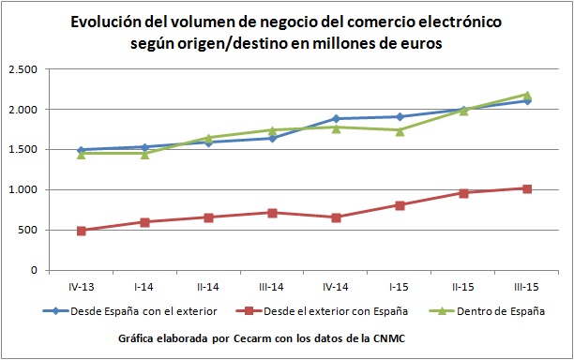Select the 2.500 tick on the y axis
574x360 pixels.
pyautogui.click(x=23, y=70)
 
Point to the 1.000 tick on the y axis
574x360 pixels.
pyautogui.click(x=23, y=190)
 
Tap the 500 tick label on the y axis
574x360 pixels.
pyautogui.click(x=28, y=231)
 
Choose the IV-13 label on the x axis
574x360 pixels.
pyautogui.click(x=82, y=285)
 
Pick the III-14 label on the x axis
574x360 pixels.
pyautogui.click(x=272, y=285)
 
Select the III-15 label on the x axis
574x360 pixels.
pyautogui.click(x=527, y=285)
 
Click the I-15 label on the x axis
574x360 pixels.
pyautogui.click(x=400, y=285)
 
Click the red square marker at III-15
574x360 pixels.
pyautogui.click(x=527, y=188)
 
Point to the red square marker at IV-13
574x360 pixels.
pyautogui.click(x=82, y=231)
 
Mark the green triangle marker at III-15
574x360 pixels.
pyautogui.click(x=527, y=95)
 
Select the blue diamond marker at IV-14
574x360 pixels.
pyautogui.click(x=336, y=119)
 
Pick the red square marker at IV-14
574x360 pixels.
pyautogui.click(x=336, y=217)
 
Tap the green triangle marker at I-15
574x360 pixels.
pyautogui.click(x=400, y=130)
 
